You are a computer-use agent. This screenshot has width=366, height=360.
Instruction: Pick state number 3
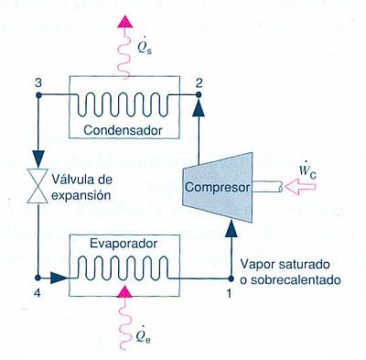click(38, 84)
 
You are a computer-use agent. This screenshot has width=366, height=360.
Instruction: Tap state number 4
click(37, 295)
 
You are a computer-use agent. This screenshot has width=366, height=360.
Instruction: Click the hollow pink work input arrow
click(298, 187)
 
